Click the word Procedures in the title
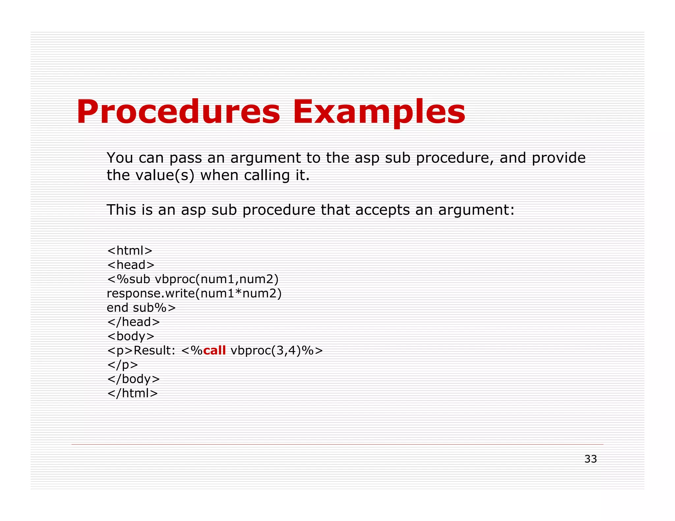(x=178, y=112)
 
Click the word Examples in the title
(x=379, y=112)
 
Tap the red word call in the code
(x=214, y=350)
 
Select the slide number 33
(x=590, y=459)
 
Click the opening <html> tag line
(x=130, y=251)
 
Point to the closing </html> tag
(x=132, y=393)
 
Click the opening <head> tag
(x=131, y=265)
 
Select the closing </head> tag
(x=133, y=322)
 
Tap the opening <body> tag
(x=131, y=336)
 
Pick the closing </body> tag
(x=133, y=379)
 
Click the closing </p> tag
(x=122, y=365)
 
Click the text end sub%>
(x=141, y=308)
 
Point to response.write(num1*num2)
(x=194, y=293)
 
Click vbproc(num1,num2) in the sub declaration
(x=217, y=279)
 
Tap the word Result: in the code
(x=154, y=350)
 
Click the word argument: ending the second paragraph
(x=476, y=210)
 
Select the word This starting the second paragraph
(x=121, y=210)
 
